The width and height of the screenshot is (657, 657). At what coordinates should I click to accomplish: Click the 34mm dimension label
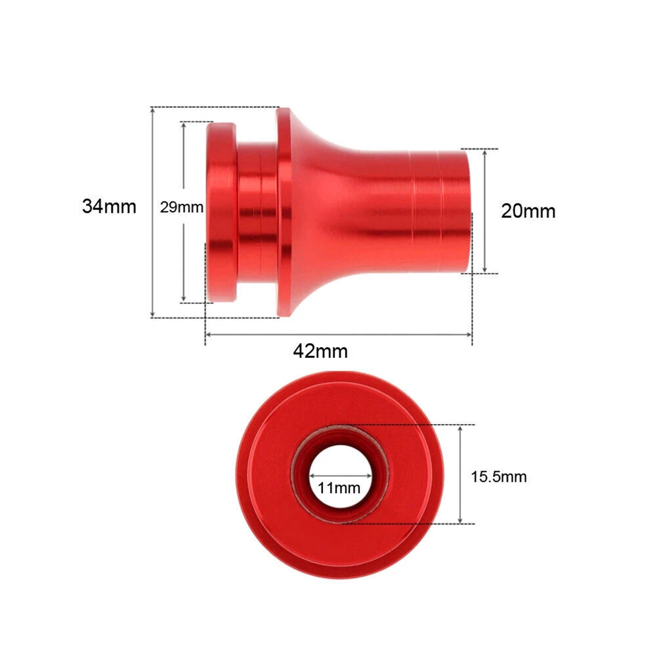(109, 206)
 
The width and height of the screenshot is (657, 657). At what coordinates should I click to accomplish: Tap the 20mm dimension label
(528, 211)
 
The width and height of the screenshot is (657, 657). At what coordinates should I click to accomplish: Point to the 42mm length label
(320, 351)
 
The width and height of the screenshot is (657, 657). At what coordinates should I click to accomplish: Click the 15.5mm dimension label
(498, 477)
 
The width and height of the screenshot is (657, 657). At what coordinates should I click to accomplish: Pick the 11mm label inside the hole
(339, 488)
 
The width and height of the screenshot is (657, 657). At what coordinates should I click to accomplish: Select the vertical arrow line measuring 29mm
(184, 263)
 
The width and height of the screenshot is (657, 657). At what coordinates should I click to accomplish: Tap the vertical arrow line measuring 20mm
(484, 243)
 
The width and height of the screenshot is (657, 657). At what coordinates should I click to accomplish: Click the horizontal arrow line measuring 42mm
(394, 334)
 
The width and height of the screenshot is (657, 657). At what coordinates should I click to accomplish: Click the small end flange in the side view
(222, 212)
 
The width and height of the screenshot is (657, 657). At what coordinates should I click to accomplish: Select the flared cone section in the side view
(308, 212)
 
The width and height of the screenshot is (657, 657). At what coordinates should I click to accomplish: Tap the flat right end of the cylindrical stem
(467, 211)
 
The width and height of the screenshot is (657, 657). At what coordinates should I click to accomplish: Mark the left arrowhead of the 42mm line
(208, 334)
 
